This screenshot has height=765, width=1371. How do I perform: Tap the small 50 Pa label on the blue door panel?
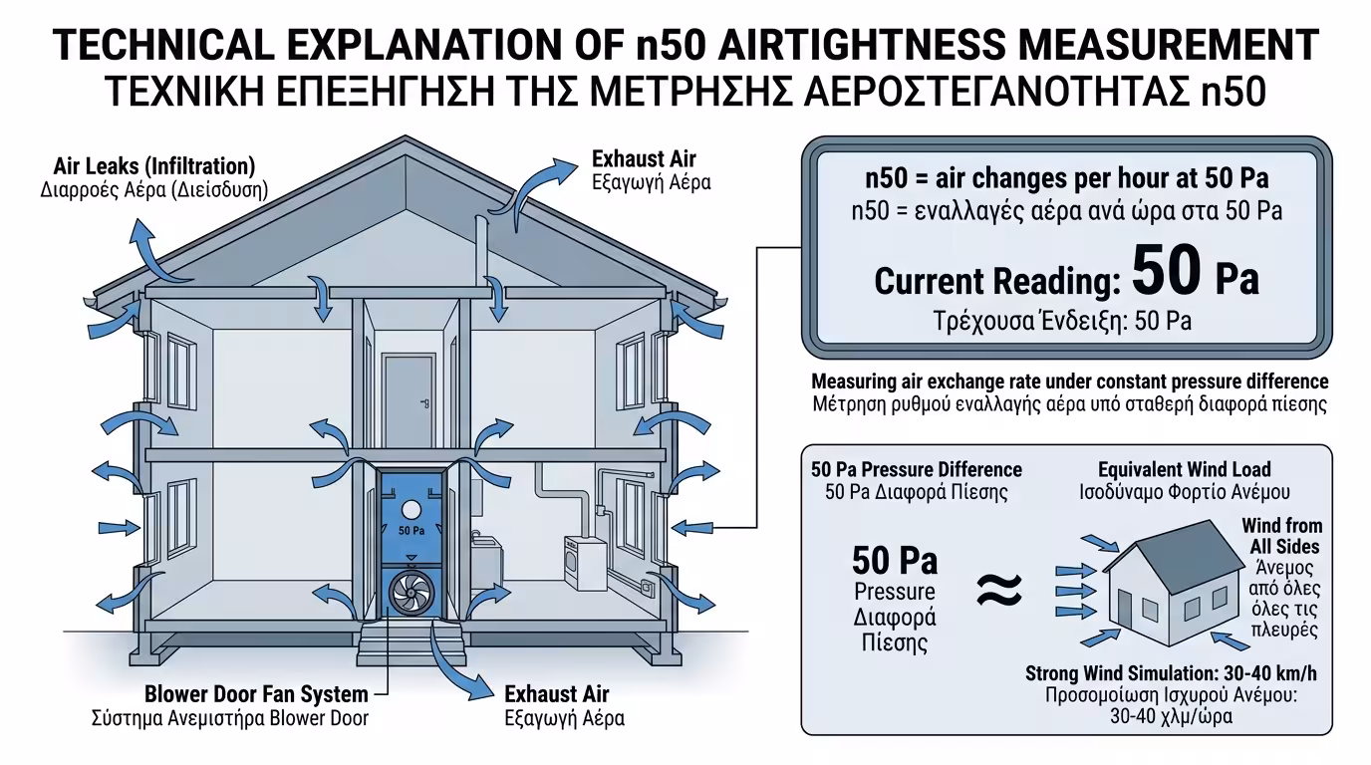(411, 531)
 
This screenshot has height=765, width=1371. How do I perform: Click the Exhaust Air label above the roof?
(644, 159)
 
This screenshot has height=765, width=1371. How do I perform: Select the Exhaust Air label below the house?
(557, 694)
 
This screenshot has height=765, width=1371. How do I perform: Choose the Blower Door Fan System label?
(256, 694)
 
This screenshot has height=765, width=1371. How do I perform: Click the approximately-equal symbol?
(998, 591)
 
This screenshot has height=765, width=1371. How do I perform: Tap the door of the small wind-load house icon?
(1124, 607)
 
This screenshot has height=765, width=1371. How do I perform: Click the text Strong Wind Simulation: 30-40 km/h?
(1163, 674)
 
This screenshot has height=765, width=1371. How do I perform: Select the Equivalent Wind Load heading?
(1184, 469)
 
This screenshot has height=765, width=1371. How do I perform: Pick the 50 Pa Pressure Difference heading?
(916, 469)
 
